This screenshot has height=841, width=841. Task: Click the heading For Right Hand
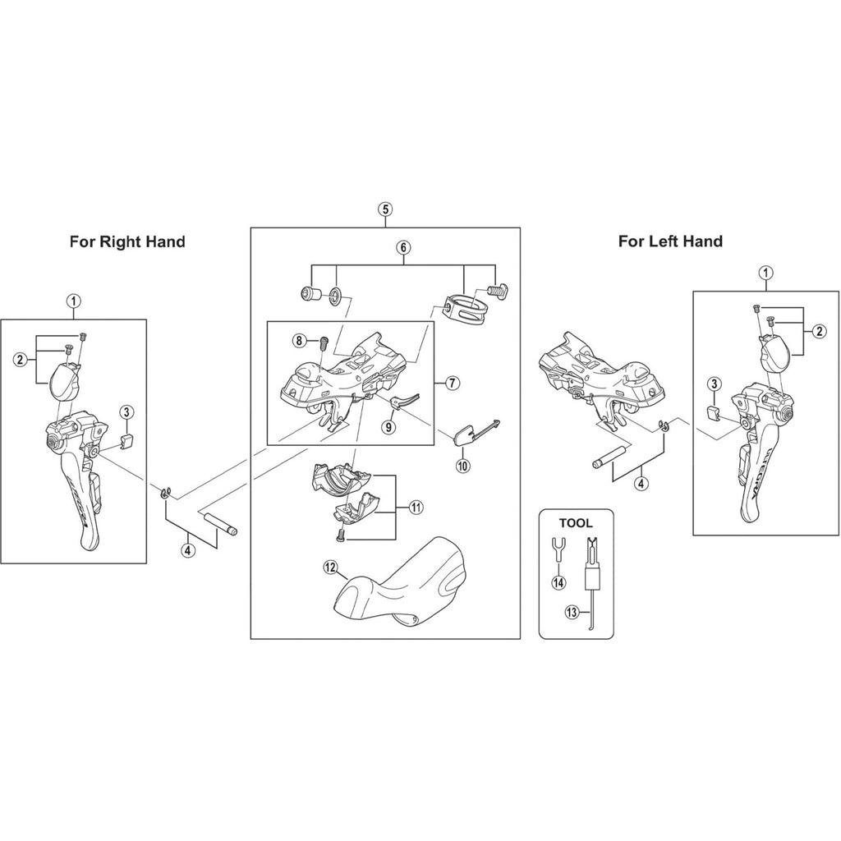point(127,241)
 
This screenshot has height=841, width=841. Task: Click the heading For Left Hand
point(670,241)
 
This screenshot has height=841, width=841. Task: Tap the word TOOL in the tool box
point(575,522)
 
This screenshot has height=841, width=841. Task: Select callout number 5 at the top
point(385,209)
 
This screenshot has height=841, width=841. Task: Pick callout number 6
point(403,246)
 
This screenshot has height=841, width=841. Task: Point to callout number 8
point(299,340)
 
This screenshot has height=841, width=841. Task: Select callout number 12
point(330,567)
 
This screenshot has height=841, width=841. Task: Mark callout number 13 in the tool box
point(572,611)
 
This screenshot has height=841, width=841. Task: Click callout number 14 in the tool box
point(559,583)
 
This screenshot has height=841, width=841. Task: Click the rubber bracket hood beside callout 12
point(402,583)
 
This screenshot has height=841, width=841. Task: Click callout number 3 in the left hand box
point(715,384)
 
